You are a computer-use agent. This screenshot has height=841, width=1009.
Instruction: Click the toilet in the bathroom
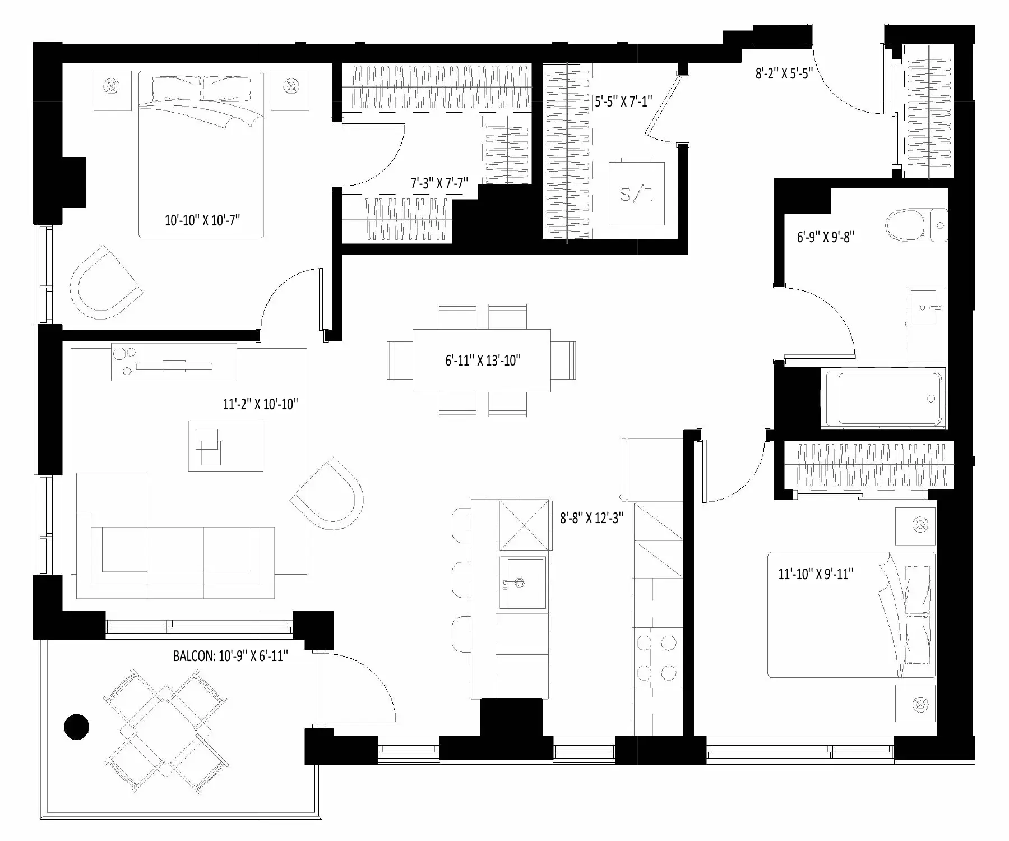(x=916, y=225)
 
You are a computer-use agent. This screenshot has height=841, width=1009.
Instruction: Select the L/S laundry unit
(x=637, y=193)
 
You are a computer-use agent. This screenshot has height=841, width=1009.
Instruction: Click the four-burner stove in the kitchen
(x=658, y=657)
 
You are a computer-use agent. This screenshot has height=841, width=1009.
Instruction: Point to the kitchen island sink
(x=521, y=583)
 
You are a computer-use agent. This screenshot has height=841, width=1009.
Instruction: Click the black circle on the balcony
(x=76, y=728)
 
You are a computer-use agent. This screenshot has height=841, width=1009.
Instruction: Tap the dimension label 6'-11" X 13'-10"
(x=483, y=361)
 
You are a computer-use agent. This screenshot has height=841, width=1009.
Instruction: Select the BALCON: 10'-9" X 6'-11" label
(x=230, y=655)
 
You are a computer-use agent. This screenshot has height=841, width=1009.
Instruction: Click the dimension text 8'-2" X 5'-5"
(x=784, y=73)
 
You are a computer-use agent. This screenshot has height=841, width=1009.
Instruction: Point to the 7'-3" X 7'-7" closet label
(x=439, y=183)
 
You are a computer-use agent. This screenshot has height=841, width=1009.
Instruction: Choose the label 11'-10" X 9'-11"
(x=816, y=574)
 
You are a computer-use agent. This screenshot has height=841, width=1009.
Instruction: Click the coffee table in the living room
(x=226, y=446)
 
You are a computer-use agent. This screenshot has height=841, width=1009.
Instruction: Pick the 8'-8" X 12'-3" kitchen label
(x=592, y=518)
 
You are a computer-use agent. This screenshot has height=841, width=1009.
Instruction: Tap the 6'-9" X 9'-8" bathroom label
(x=826, y=237)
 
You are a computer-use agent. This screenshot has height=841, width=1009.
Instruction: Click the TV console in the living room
(x=174, y=362)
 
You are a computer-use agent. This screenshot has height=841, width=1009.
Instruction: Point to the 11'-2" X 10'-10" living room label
(x=260, y=404)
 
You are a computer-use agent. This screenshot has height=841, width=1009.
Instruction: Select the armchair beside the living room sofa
(x=328, y=493)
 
